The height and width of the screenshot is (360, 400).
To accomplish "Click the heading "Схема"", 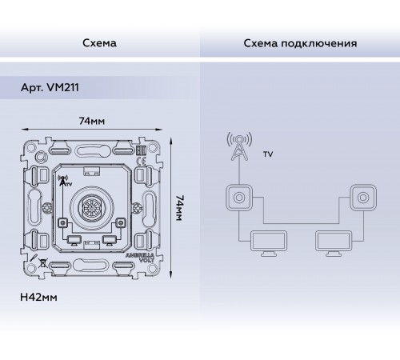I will point(99,42).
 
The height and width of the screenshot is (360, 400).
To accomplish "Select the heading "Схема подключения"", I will point(300,42).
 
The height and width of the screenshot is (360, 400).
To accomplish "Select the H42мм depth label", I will point(37,297).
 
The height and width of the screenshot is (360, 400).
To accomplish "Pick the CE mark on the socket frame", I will point(142,150).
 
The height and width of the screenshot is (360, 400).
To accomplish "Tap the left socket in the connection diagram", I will point(238,196).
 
